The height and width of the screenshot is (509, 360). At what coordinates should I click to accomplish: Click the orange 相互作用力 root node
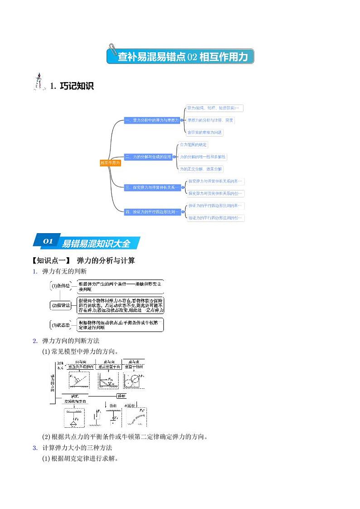(111, 163)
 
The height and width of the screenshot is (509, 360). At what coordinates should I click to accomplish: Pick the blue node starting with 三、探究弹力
(152, 187)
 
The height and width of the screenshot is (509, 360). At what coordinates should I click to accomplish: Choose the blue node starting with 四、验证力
(152, 211)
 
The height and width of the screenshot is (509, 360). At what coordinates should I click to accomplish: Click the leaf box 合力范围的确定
(193, 145)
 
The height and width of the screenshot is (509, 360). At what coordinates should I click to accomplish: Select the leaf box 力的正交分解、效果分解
(201, 169)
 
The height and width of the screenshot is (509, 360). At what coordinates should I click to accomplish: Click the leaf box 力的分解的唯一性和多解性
(203, 157)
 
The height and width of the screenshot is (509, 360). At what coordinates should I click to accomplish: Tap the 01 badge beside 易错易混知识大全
(48, 242)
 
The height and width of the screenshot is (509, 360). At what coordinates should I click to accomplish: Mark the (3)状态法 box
(60, 325)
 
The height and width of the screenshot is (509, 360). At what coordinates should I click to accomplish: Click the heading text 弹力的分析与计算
(106, 260)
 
